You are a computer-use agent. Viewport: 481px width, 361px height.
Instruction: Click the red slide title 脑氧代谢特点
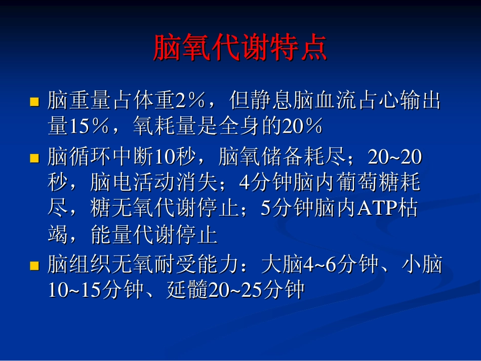tap(240, 49)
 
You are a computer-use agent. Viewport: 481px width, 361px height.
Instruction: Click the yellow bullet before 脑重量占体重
tap(34, 102)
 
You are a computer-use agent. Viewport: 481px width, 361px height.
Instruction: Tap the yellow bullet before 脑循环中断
tap(34, 158)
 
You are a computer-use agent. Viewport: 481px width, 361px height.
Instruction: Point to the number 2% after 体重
tap(189, 101)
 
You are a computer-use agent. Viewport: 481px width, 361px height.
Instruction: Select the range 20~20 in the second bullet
tap(395, 158)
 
